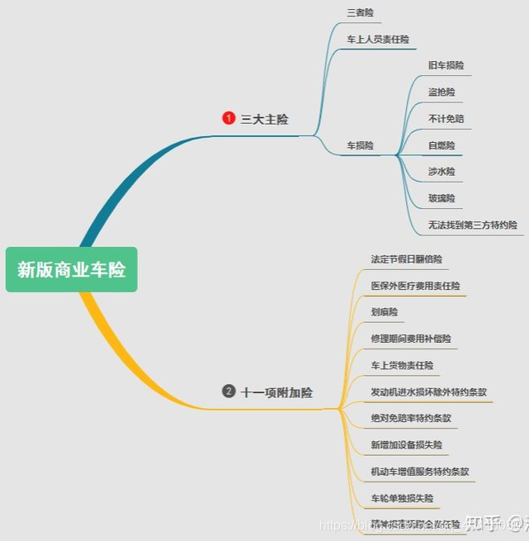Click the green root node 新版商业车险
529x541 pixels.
71,269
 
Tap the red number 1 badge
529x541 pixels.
229,118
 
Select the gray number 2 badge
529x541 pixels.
229,392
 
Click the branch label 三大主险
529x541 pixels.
264,119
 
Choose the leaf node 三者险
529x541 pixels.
359,12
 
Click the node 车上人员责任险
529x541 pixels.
377,39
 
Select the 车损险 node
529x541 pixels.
360,145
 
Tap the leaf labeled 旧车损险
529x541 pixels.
446,65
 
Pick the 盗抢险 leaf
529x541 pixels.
441,92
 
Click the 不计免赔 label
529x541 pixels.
446,118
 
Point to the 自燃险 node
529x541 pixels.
441,145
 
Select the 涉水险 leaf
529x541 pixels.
441,172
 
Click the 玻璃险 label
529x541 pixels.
441,198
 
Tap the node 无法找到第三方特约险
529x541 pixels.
472,225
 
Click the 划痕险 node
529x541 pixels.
384,312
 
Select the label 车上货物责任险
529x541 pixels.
402,365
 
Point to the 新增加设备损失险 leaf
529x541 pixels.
406,444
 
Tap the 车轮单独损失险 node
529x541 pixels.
402,498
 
